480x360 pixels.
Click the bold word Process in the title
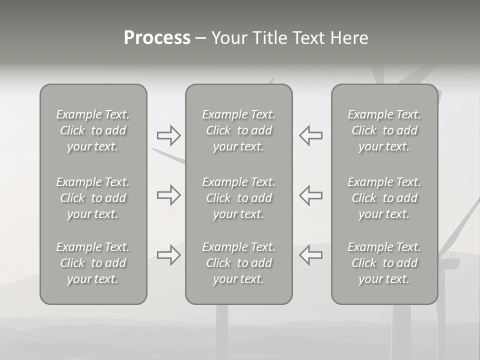[157, 38]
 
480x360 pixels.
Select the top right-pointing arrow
[168, 135]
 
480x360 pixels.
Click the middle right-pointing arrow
[168, 195]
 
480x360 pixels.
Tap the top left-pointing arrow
[310, 135]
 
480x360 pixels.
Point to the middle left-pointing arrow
[310, 195]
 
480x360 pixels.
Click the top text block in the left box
[93, 130]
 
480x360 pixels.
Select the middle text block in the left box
[93, 198]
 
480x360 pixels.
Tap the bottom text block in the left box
[93, 263]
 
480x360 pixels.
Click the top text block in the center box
[238, 130]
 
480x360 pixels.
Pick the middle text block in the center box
[238, 198]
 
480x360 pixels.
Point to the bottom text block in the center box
[238, 263]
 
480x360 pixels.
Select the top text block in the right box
[384, 130]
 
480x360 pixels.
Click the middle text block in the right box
[384, 198]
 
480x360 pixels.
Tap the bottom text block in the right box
[384, 263]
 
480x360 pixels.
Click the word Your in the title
[228, 38]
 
